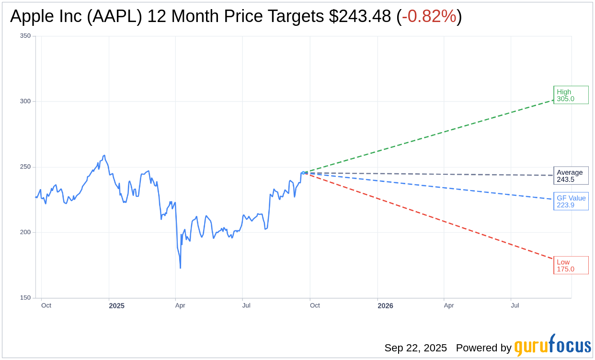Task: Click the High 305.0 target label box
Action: (x=571, y=95)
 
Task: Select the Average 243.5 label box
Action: (x=571, y=176)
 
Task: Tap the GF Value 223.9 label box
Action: (x=571, y=202)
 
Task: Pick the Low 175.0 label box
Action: (x=571, y=265)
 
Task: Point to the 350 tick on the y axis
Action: (x=25, y=36)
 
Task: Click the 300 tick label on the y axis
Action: (x=25, y=101)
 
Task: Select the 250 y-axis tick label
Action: (x=25, y=167)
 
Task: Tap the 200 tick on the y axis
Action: (x=25, y=232)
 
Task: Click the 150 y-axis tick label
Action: (x=25, y=298)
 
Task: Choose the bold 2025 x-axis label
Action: (x=116, y=306)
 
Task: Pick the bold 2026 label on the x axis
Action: (x=385, y=306)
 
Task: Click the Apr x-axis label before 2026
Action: (x=180, y=305)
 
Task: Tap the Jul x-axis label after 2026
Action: (x=515, y=305)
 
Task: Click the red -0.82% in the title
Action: (x=429, y=16)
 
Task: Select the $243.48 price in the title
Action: (x=360, y=16)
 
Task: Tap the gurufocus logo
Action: (x=552, y=346)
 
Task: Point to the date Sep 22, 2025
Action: (x=415, y=348)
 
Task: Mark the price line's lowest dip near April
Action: (x=180, y=268)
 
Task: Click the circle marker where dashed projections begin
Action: (x=303, y=173)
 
